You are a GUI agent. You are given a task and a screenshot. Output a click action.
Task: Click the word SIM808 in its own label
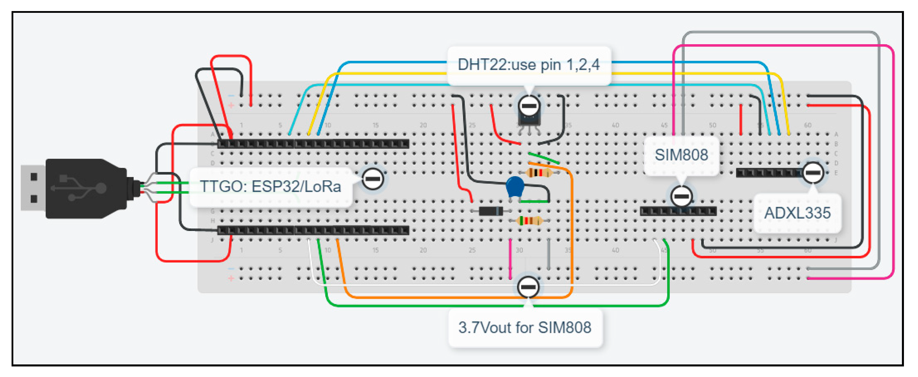click(681, 155)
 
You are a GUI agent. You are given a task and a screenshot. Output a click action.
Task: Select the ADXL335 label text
click(797, 213)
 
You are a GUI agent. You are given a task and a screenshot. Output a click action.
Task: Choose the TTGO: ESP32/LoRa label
click(270, 186)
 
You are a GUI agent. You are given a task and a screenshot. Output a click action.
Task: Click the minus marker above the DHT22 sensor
click(529, 106)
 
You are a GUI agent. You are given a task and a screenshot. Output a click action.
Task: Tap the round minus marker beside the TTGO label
click(372, 179)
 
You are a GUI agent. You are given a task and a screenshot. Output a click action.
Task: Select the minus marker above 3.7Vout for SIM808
click(528, 287)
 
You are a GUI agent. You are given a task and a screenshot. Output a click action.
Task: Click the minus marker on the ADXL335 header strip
click(813, 173)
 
